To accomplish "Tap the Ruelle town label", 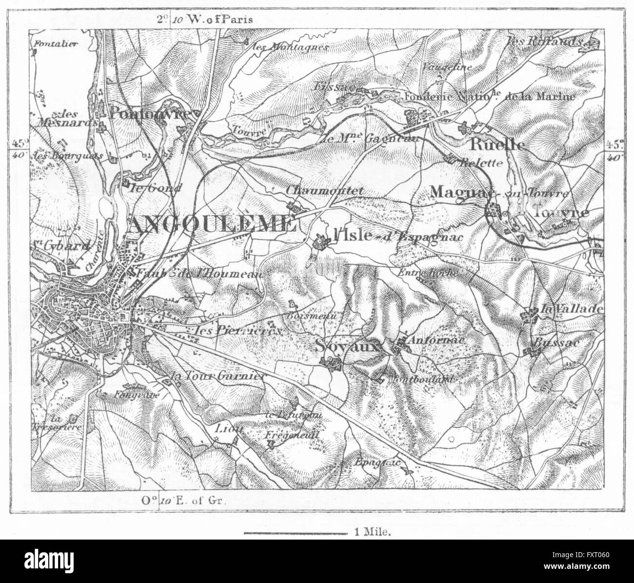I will [x=497, y=145].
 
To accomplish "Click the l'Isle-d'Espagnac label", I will [x=395, y=237].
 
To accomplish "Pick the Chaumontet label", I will [x=326, y=192].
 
